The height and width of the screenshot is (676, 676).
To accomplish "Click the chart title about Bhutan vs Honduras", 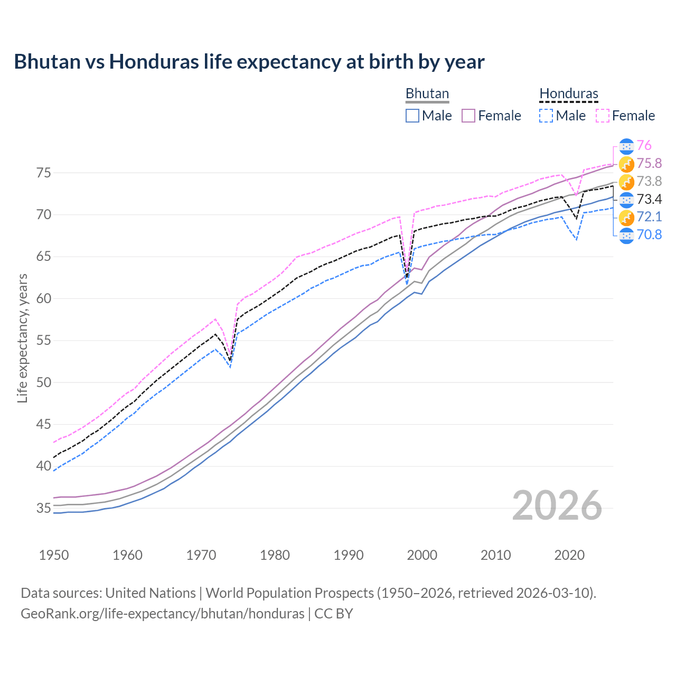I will point(249,62).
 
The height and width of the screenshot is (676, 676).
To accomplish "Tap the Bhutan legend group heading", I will point(427,94).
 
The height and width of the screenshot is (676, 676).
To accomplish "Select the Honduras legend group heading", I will point(568,94).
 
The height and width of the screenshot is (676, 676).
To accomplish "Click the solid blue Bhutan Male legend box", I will point(412,116).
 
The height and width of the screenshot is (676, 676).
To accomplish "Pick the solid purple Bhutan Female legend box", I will point(468,116).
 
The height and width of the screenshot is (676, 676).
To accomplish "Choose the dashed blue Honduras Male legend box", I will point(546,116).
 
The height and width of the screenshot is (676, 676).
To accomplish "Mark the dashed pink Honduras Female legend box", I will point(603,116).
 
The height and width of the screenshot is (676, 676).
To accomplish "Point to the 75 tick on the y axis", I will point(43,173).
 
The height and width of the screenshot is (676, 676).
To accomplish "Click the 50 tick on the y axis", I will point(43,382).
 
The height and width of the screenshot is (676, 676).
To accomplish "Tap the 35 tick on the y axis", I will point(43,508).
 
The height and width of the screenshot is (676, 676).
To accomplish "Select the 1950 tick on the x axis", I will point(54,555).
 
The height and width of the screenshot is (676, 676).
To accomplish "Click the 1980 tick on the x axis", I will point(275,555).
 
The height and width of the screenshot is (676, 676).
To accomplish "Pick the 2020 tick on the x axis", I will point(569,555).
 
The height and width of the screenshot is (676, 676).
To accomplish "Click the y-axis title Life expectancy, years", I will point(23,338).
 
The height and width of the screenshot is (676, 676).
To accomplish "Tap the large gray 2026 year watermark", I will point(557,505).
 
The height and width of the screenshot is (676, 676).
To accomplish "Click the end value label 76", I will point(644,146).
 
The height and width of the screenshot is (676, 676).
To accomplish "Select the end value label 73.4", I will point(649,199).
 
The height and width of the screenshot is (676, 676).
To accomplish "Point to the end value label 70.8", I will point(649,234).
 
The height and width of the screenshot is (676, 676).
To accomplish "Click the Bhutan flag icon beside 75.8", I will point(626,164).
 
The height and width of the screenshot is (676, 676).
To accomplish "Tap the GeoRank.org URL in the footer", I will point(162,614).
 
